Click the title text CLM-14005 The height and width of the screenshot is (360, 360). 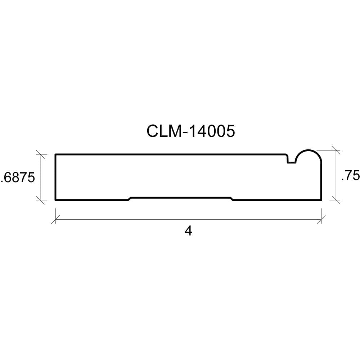[x=190, y=131]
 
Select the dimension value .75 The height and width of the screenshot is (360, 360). [x=350, y=176]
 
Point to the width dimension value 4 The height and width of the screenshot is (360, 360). [x=188, y=231]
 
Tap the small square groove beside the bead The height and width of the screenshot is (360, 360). [x=292, y=160]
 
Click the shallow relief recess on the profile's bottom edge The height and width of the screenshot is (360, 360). [x=180, y=198]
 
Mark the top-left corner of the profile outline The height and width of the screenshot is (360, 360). [x=55, y=154]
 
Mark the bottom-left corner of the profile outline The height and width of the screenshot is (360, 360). [x=55, y=200]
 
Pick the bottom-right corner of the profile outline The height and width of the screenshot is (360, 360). [x=321, y=200]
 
